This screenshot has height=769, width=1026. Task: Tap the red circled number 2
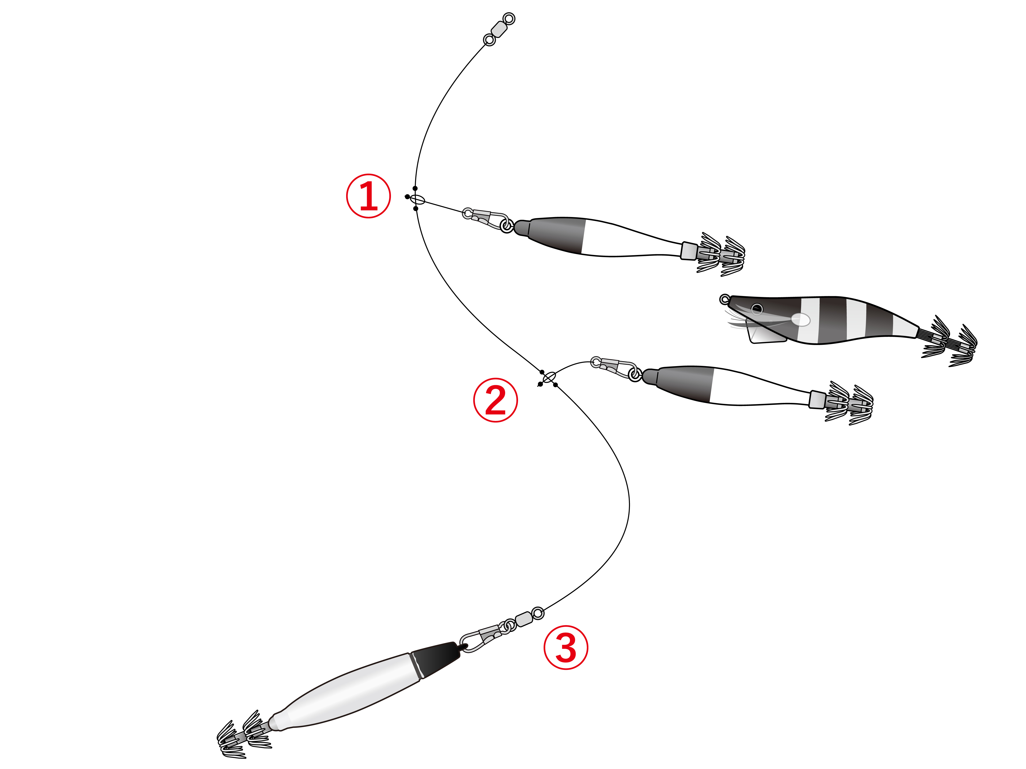[495, 400]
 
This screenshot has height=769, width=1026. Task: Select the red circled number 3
[566, 648]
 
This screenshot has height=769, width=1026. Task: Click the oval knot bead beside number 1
[417, 200]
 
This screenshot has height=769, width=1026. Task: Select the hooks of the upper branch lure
[721, 254]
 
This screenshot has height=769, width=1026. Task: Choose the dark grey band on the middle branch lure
[684, 384]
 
